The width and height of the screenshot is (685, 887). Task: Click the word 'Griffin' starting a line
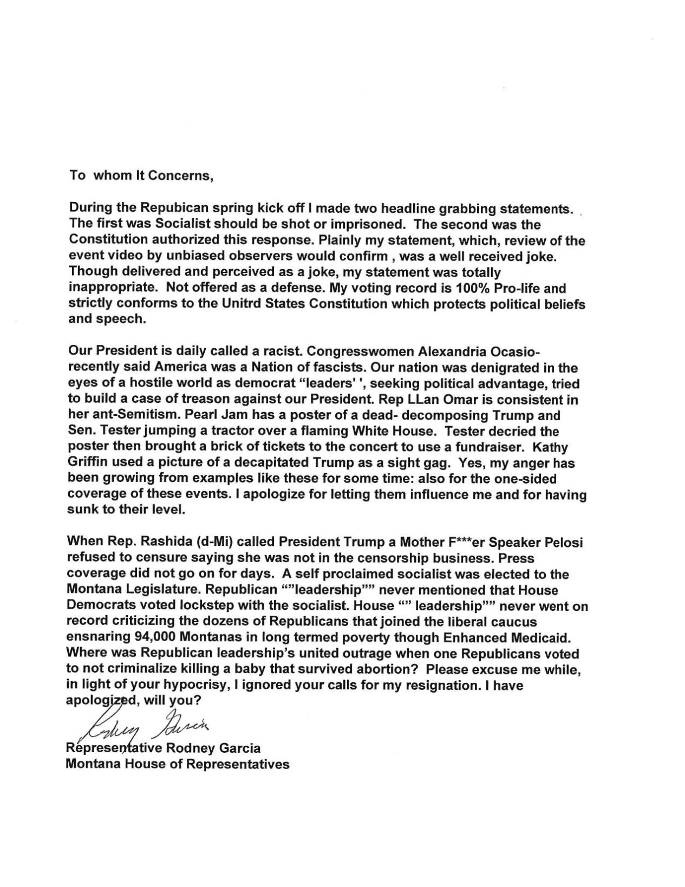(x=86, y=464)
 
